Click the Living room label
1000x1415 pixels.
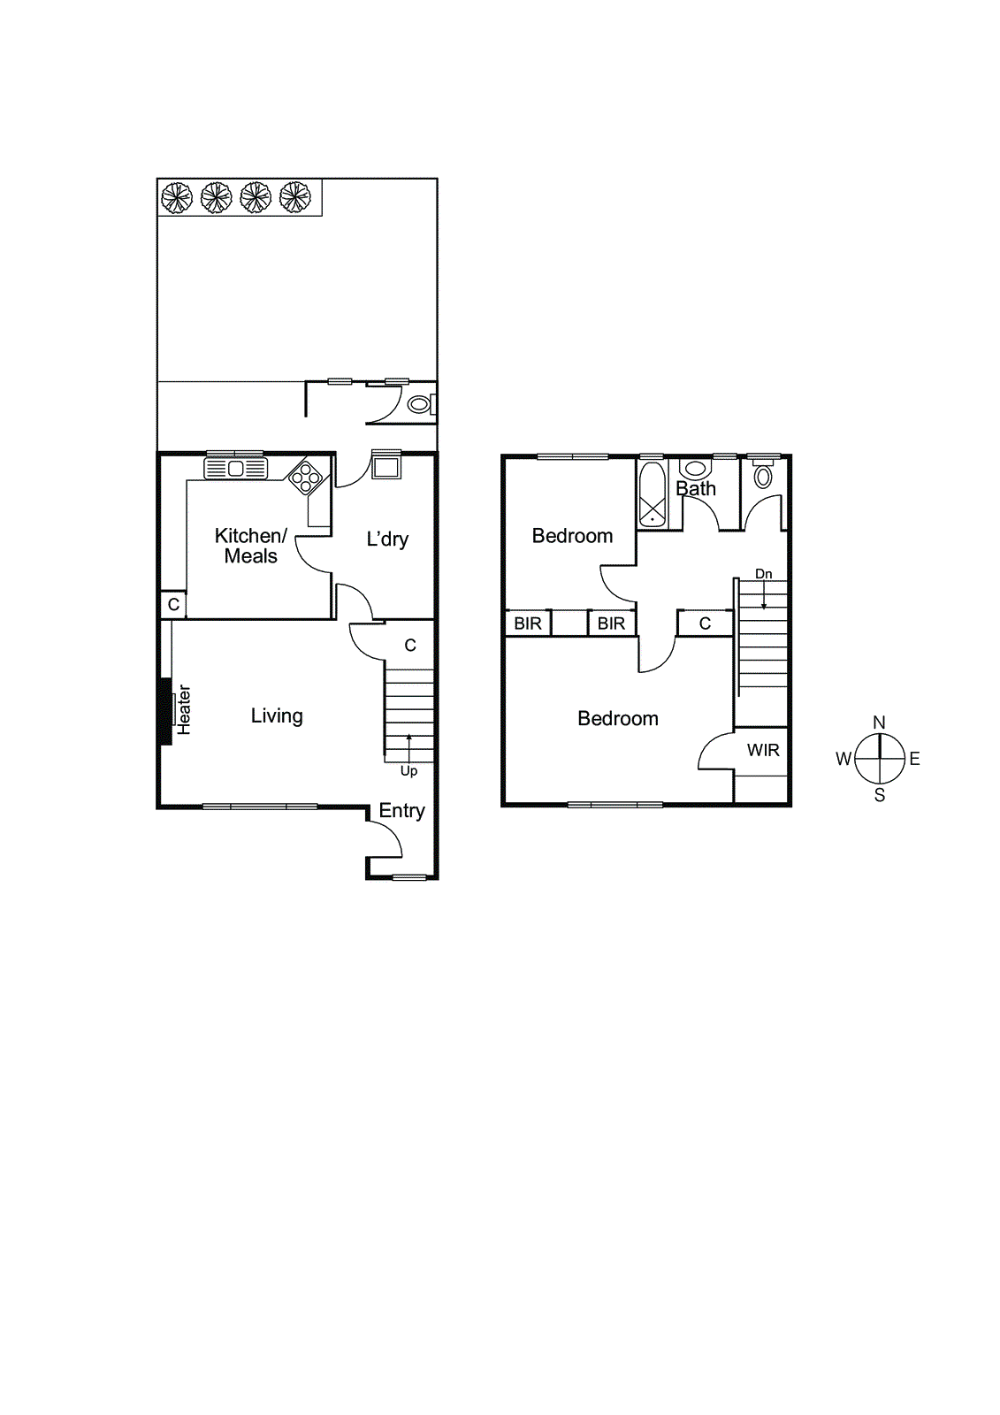pyautogui.click(x=277, y=715)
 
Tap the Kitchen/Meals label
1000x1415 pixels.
pyautogui.click(x=250, y=546)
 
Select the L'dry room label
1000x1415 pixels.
pyautogui.click(x=387, y=539)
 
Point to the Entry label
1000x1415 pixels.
pyautogui.click(x=401, y=810)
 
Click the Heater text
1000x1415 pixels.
pyautogui.click(x=184, y=709)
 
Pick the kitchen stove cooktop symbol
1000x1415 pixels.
pyautogui.click(x=306, y=478)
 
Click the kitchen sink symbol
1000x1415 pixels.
pyautogui.click(x=236, y=468)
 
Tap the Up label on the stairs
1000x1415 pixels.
pyautogui.click(x=408, y=771)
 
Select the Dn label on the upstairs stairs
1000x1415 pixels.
pyautogui.click(x=764, y=574)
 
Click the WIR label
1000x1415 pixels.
pyautogui.click(x=763, y=750)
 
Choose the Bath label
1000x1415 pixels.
pyautogui.click(x=696, y=488)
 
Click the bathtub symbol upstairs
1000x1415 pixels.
pyautogui.click(x=653, y=494)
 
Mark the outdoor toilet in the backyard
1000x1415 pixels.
pyautogui.click(x=419, y=405)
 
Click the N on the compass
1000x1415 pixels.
pyautogui.click(x=879, y=723)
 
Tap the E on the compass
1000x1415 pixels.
pyautogui.click(x=914, y=759)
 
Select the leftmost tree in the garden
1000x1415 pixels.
pyautogui.click(x=177, y=197)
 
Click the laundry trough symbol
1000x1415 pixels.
pyautogui.click(x=386, y=464)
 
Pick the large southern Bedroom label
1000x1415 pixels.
pyautogui.click(x=618, y=718)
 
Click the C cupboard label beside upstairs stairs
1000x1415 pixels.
pyautogui.click(x=705, y=623)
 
